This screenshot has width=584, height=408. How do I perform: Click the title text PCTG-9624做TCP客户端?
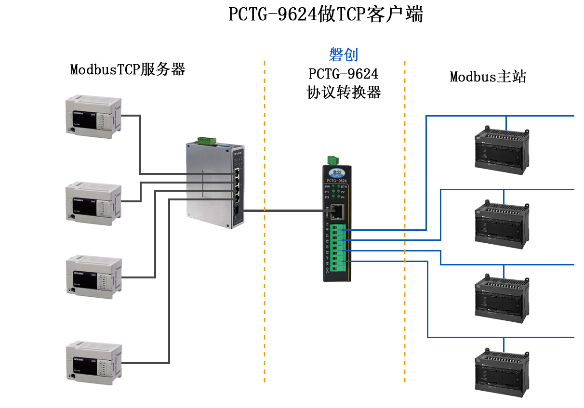[x=325, y=14]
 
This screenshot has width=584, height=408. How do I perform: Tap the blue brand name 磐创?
[x=344, y=54]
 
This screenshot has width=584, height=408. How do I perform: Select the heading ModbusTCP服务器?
[x=128, y=69]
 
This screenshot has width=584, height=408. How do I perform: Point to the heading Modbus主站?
[x=488, y=77]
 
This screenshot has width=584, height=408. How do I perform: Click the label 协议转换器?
[x=344, y=92]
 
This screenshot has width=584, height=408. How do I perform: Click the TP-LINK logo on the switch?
[x=238, y=153]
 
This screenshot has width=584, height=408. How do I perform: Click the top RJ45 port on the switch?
[x=238, y=172]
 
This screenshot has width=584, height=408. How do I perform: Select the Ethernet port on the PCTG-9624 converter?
[x=340, y=210]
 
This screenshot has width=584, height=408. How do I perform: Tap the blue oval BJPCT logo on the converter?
[x=336, y=171]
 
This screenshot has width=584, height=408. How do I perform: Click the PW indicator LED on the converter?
[x=333, y=186]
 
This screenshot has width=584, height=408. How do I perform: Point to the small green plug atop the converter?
[x=332, y=160]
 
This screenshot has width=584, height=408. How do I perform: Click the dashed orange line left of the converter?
[x=265, y=289]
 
